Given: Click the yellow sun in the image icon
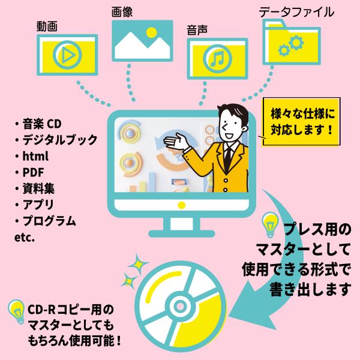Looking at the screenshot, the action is click(x=152, y=32).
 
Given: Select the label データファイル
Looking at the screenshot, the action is click(x=296, y=11).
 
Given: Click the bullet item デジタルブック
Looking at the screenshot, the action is click(x=59, y=140).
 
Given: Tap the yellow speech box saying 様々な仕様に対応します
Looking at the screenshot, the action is click(x=299, y=121).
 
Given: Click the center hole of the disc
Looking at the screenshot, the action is click(x=177, y=304).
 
